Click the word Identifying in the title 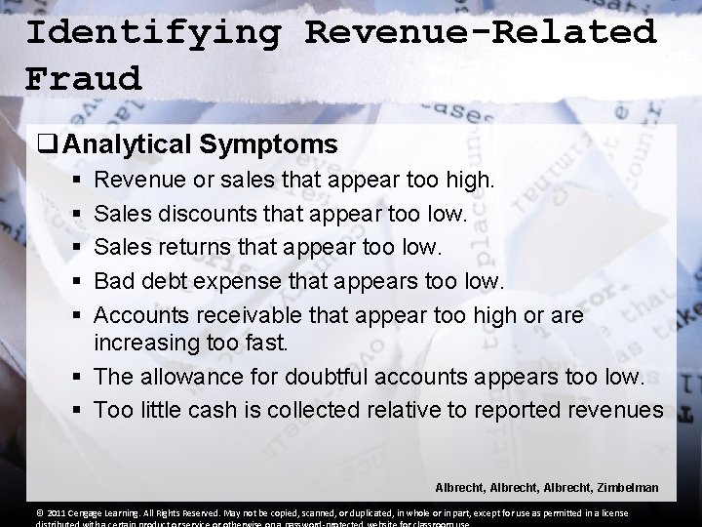pos(153,32)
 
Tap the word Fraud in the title pos(84,77)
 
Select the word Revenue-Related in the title pos(481,32)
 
